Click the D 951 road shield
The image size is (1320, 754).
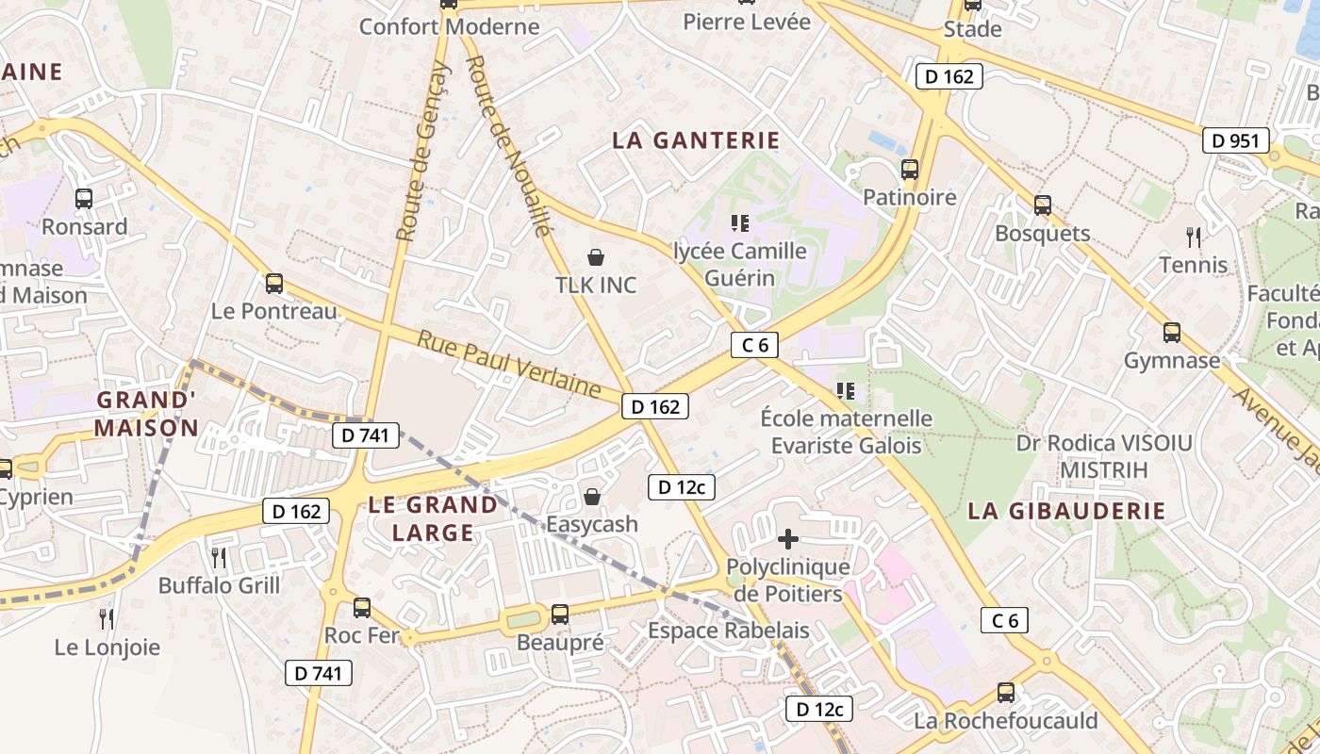pos(1236,141)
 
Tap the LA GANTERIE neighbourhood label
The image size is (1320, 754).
pos(696,140)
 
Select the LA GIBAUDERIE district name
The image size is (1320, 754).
pos(1066,511)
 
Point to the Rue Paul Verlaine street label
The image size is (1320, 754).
pos(509,363)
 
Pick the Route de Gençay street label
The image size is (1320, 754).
pos(423,151)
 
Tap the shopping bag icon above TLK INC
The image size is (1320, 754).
pos(596,257)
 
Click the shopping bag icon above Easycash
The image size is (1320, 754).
pos(592,497)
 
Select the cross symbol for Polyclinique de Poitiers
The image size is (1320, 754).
pos(788,539)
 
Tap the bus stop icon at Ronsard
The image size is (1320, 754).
pos(84,199)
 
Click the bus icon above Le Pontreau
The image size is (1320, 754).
pos(274,283)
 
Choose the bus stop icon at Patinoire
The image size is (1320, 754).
pos(910,170)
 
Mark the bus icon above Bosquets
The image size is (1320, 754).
pos(1042,205)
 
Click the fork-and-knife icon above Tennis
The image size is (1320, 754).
pos(1194,237)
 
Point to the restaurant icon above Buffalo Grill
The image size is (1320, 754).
pos(219,558)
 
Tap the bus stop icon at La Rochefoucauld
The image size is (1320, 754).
pos(1006,693)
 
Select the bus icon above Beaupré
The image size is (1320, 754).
pos(560,615)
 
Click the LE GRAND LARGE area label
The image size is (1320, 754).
pos(433,518)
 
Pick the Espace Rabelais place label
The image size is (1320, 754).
pos(728,630)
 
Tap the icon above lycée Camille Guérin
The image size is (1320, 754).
pos(740,223)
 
